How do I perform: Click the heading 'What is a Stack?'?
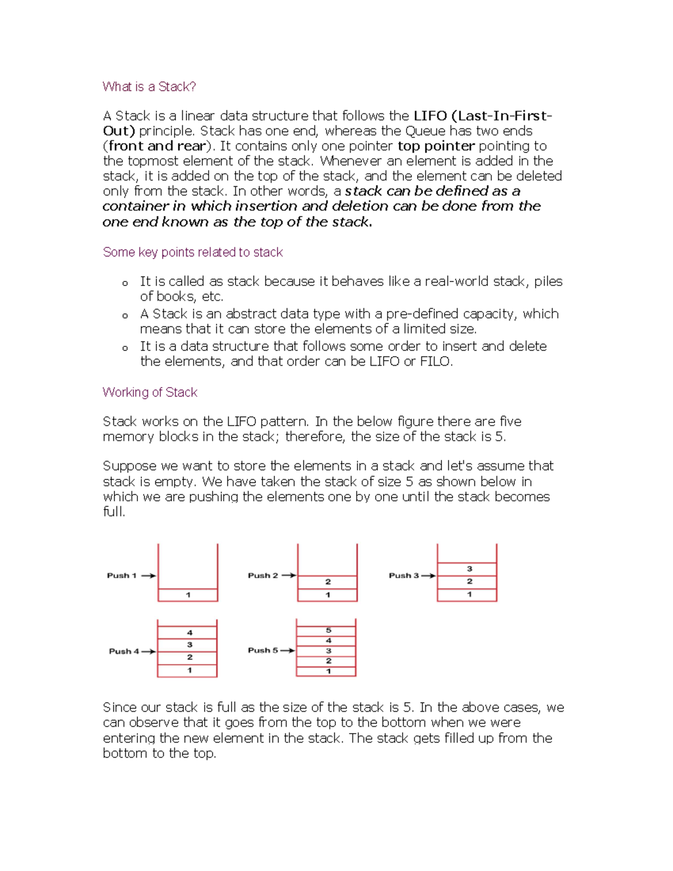149,87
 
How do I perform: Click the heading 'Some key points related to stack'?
192,252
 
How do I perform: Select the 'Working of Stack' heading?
150,393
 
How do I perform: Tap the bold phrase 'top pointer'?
436,146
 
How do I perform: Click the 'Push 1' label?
122,575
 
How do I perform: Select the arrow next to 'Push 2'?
288,575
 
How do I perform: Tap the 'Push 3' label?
404,575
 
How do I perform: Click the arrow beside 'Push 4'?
149,652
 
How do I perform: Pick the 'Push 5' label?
263,651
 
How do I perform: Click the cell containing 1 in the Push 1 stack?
188,595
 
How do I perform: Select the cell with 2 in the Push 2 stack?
328,582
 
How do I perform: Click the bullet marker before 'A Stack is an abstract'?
125,316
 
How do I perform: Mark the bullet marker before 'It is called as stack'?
125,283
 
